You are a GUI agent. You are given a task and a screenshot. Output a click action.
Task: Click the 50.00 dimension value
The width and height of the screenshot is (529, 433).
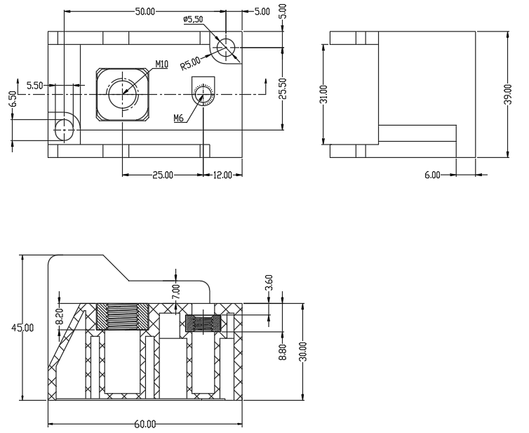coord(145,11)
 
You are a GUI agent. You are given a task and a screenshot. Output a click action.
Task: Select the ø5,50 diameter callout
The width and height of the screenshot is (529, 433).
coord(194,19)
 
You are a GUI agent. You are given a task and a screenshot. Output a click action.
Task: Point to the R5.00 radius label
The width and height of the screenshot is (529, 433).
coord(190,63)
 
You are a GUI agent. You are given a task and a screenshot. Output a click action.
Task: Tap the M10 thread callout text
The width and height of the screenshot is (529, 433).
coord(162,64)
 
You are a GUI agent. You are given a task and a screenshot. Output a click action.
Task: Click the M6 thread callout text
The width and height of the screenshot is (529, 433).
coord(178,118)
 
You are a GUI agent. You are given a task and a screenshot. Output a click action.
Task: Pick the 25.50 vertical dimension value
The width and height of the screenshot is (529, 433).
coord(283,88)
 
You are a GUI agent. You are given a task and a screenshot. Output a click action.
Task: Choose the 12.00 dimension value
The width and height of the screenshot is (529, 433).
coord(222,175)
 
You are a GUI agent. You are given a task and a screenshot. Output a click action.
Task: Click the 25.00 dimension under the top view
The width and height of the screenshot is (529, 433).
coord(163,175)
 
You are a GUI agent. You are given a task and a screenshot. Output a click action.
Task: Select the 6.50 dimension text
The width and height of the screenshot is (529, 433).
coord(13,99)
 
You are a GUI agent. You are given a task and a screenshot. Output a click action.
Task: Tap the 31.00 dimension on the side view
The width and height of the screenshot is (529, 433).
coord(323,95)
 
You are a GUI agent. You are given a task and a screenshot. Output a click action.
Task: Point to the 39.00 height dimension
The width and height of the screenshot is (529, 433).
coord(508,95)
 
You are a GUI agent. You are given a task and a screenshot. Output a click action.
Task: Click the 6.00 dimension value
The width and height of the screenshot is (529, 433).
coord(432,175)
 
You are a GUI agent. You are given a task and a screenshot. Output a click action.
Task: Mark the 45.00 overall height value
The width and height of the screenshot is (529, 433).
coord(22,328)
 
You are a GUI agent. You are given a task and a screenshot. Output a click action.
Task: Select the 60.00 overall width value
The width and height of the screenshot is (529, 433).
coord(145,424)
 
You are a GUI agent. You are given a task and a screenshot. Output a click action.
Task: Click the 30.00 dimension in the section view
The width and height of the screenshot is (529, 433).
coord(303,352)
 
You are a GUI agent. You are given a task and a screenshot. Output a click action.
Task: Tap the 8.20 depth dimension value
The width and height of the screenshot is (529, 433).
coord(60,317)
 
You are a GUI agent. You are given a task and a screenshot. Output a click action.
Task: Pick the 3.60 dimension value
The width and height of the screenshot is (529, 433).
coord(269,283)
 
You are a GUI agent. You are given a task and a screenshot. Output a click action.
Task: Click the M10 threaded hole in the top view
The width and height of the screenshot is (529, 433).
coord(123,94)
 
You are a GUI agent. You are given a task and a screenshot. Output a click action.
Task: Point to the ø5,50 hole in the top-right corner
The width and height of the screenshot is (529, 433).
coord(226,47)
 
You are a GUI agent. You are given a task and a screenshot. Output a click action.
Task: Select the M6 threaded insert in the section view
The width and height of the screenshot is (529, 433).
coord(203,324)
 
